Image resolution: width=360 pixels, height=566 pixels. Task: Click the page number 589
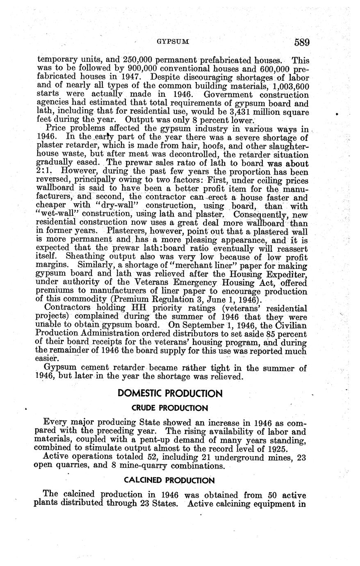point(301,42)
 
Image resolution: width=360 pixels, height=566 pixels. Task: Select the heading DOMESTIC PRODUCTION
point(170,394)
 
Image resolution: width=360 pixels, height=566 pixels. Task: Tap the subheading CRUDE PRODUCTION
point(170,408)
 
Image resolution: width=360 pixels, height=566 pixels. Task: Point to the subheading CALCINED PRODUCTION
point(169,480)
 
